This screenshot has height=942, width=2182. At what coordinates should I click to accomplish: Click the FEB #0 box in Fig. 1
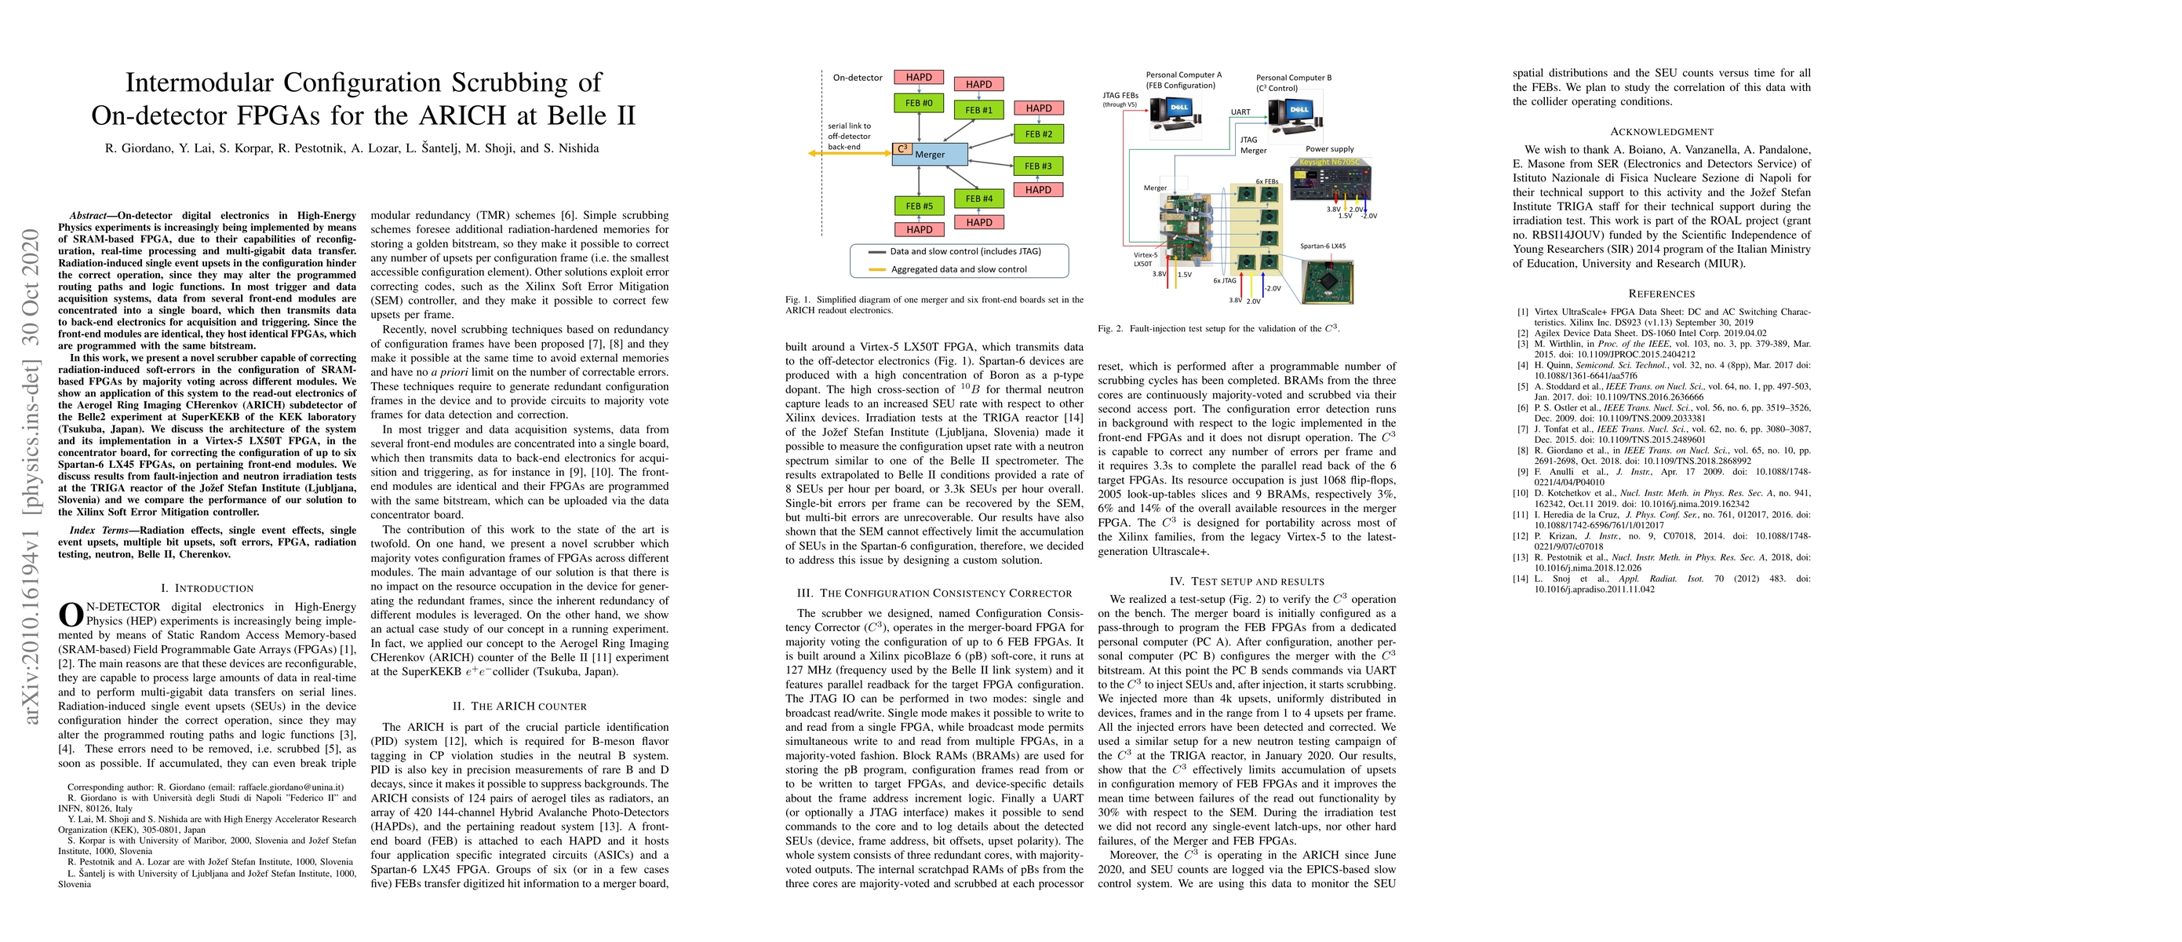(x=918, y=104)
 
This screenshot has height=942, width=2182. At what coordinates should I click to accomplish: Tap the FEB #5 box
(x=918, y=206)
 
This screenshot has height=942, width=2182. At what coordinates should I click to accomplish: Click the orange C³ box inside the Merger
(x=902, y=149)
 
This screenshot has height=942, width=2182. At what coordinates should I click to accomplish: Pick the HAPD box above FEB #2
(x=1039, y=108)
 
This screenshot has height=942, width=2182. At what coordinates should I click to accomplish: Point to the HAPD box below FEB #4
(x=978, y=222)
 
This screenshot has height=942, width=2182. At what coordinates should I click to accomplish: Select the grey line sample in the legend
(x=876, y=252)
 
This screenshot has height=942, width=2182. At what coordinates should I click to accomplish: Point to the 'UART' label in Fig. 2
(x=1240, y=111)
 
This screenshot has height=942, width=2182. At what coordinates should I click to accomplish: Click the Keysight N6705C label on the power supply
(x=1329, y=162)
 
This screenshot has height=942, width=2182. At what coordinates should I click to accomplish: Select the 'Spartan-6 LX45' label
(x=1322, y=246)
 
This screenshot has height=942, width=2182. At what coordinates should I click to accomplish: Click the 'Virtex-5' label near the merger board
(x=1146, y=254)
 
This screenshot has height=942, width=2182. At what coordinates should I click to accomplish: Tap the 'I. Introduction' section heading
(x=206, y=588)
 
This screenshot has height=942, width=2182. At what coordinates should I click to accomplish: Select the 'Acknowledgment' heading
(x=1661, y=132)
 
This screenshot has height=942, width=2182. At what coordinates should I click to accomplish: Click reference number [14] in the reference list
(x=1522, y=579)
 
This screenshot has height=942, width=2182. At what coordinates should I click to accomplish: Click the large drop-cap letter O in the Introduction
(x=71, y=614)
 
